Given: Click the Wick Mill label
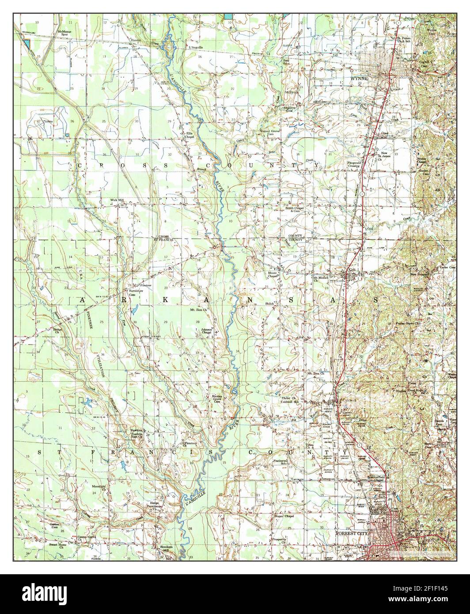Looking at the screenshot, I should coord(117,200).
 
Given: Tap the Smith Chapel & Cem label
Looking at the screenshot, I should coord(296,210).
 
